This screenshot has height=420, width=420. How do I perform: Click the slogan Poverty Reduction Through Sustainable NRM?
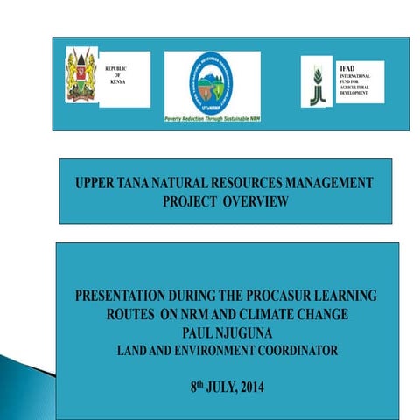212,116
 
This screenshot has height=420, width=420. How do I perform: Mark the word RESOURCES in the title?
228,185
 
